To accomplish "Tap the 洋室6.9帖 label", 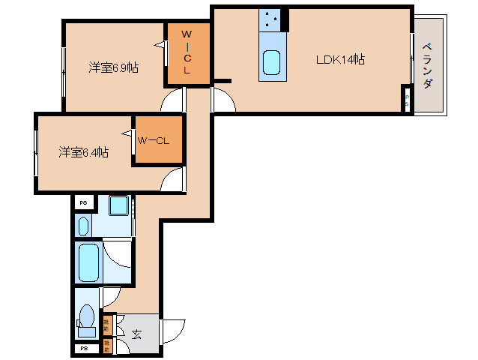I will click(113, 67).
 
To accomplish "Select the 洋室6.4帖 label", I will click(84, 152).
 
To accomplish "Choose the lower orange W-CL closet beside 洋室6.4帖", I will click(157, 140).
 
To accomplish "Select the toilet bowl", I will click(87, 315).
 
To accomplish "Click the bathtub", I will click(88, 261).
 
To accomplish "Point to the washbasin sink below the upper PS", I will click(83, 224).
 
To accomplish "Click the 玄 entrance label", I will click(137, 334).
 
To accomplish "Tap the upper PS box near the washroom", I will click(84, 203).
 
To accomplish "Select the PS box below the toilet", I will click(85, 349).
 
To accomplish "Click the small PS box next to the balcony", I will click(407, 100).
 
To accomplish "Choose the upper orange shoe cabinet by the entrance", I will click(107, 324).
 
